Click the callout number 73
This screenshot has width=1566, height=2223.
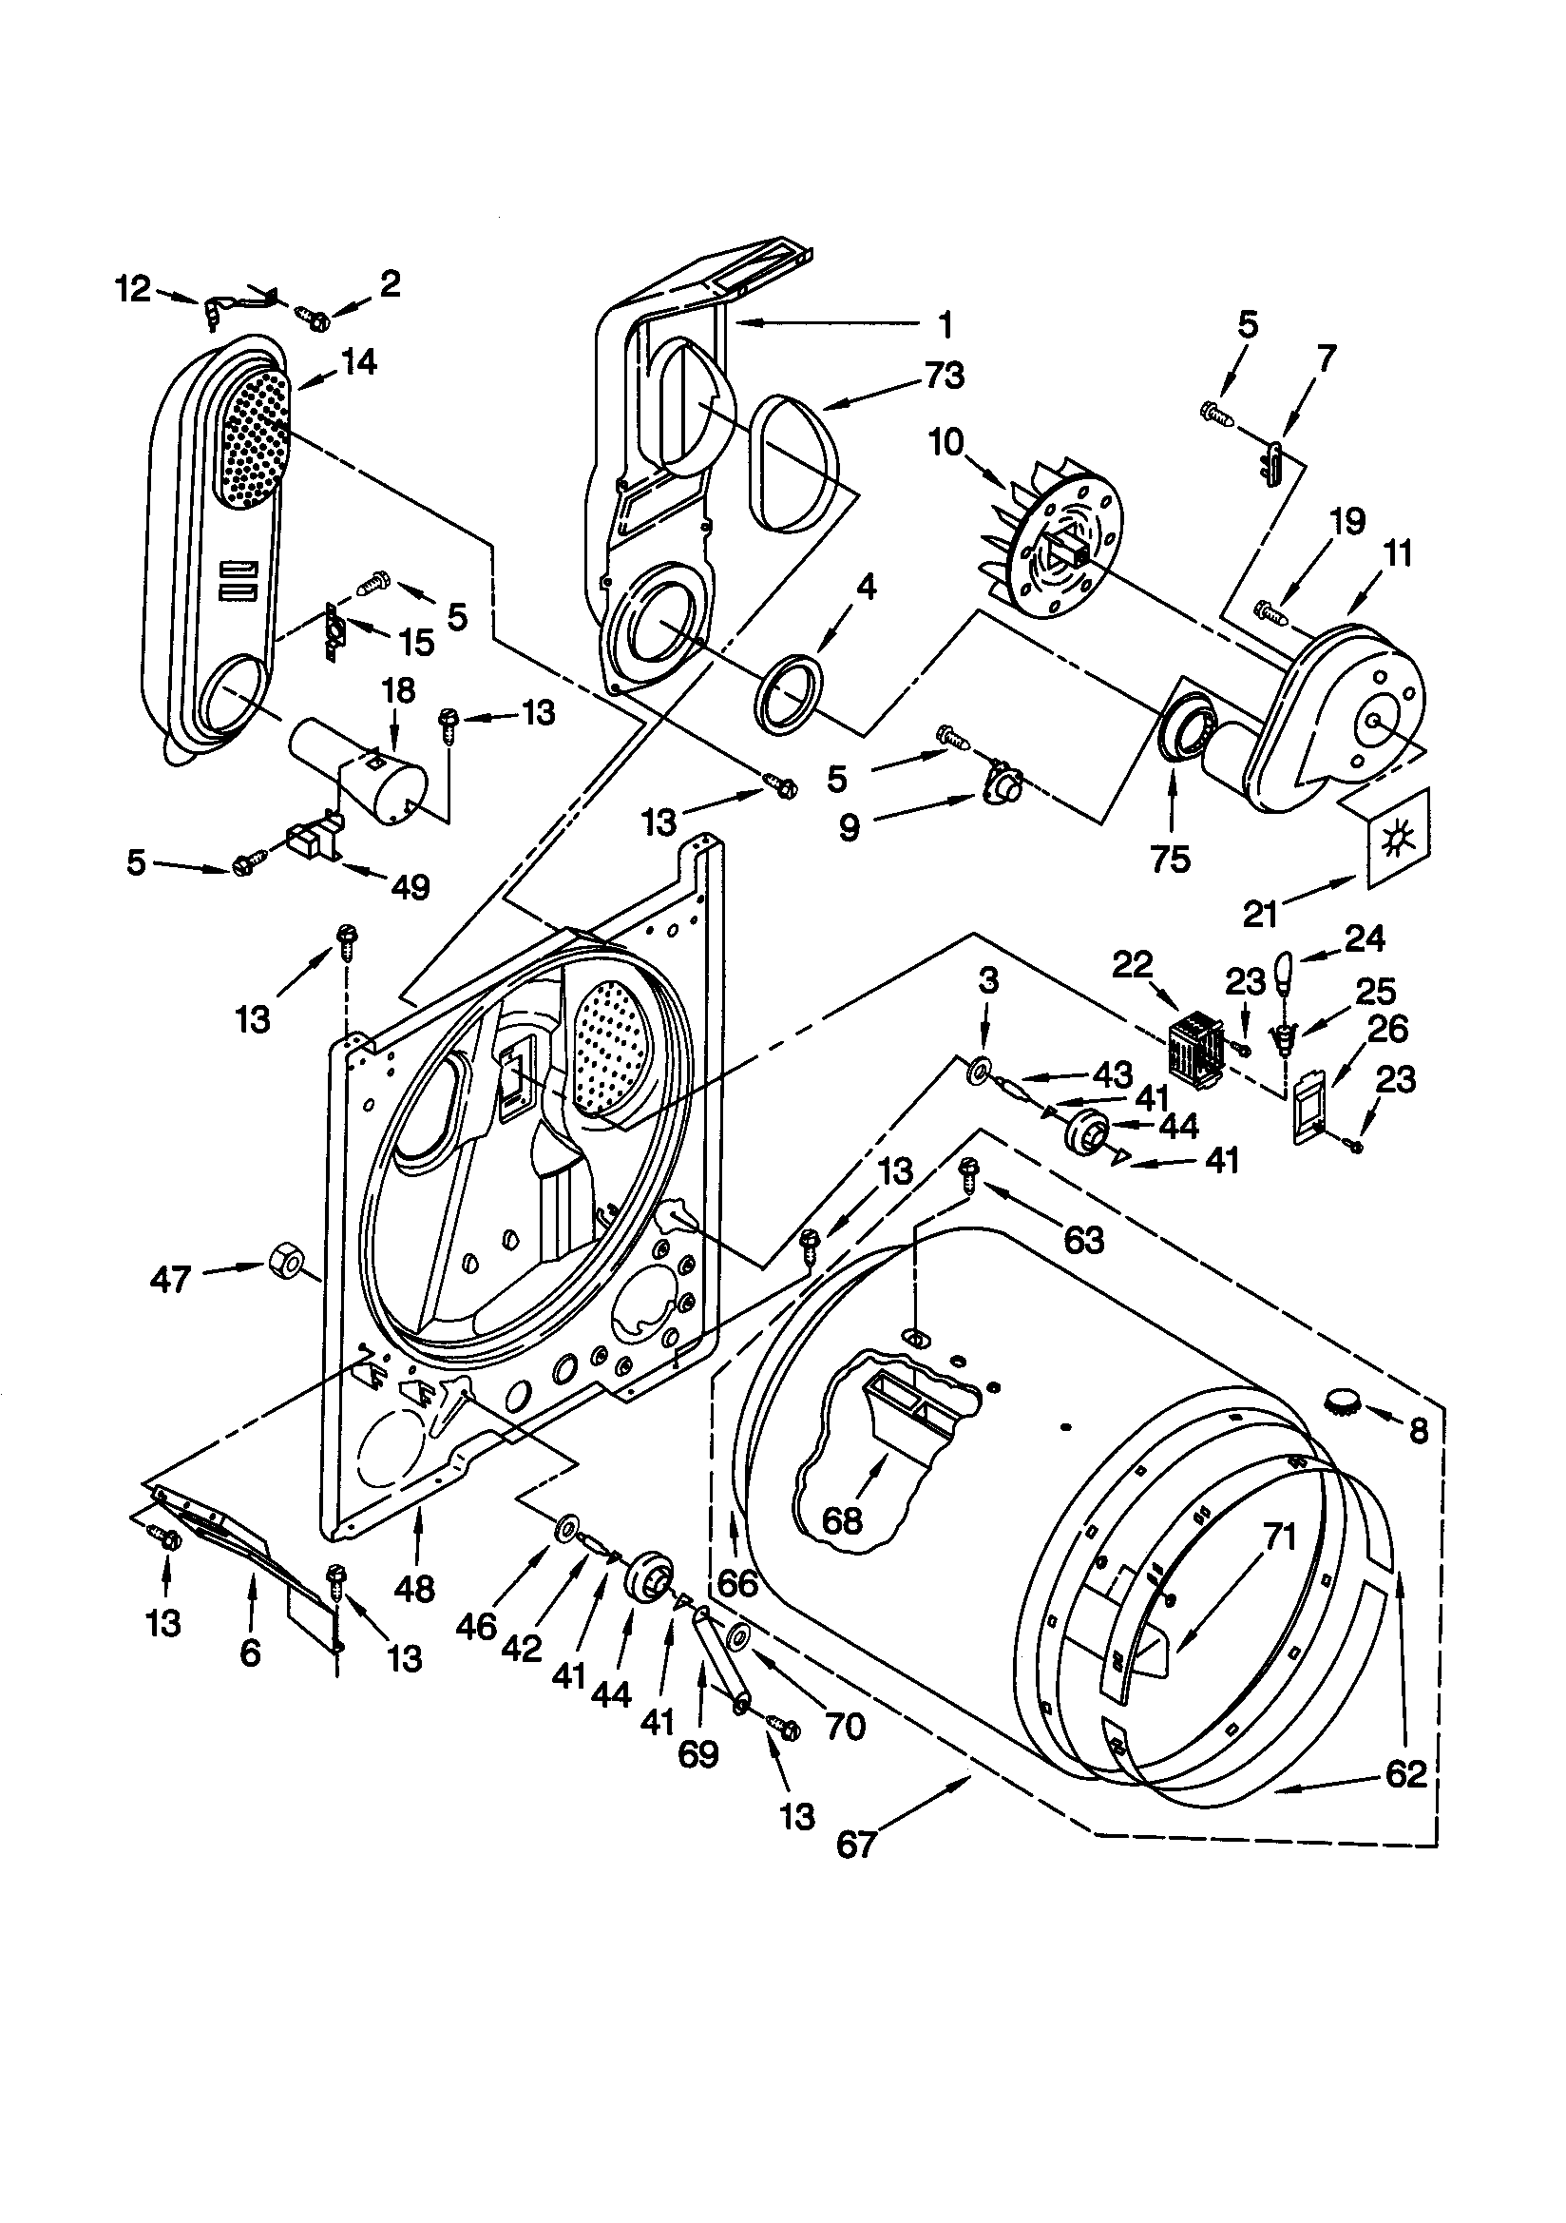pos(945,376)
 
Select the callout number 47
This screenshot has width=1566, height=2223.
pos(170,1282)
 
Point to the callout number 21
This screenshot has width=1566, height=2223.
pos(1261,912)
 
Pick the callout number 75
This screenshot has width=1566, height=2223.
pos(1170,859)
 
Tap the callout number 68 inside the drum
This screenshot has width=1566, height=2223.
pos(841,1521)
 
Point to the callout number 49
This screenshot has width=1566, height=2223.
pos(411,887)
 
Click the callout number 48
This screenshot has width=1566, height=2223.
pos(414,1589)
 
